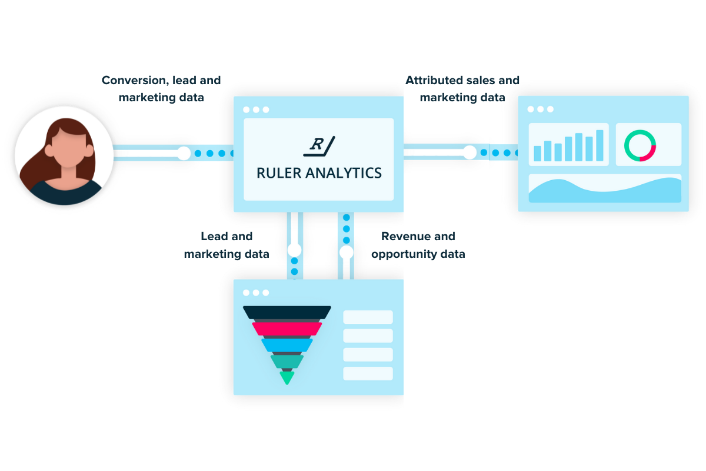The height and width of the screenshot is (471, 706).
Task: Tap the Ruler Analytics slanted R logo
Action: pyautogui.click(x=318, y=146)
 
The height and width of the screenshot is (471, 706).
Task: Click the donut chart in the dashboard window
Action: pyautogui.click(x=640, y=145)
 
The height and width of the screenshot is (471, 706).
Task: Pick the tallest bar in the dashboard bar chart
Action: pyautogui.click(x=600, y=145)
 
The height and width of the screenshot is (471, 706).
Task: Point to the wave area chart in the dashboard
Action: pyautogui.click(x=605, y=190)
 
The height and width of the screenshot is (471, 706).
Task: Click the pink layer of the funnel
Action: pyautogui.click(x=287, y=328)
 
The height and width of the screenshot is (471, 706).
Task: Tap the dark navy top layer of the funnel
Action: pyautogui.click(x=287, y=312)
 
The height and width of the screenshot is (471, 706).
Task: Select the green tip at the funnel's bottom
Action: pyautogui.click(x=287, y=377)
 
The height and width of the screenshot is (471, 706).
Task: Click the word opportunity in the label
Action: pyautogui.click(x=402, y=254)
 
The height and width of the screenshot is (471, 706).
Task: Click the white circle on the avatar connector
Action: pyautogui.click(x=184, y=153)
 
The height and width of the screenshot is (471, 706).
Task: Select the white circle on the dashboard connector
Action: pyautogui.click(x=469, y=152)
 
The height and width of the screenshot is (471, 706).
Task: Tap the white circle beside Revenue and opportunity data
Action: pyautogui.click(x=346, y=252)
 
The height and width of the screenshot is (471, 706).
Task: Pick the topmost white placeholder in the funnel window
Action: pyautogui.click(x=368, y=317)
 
